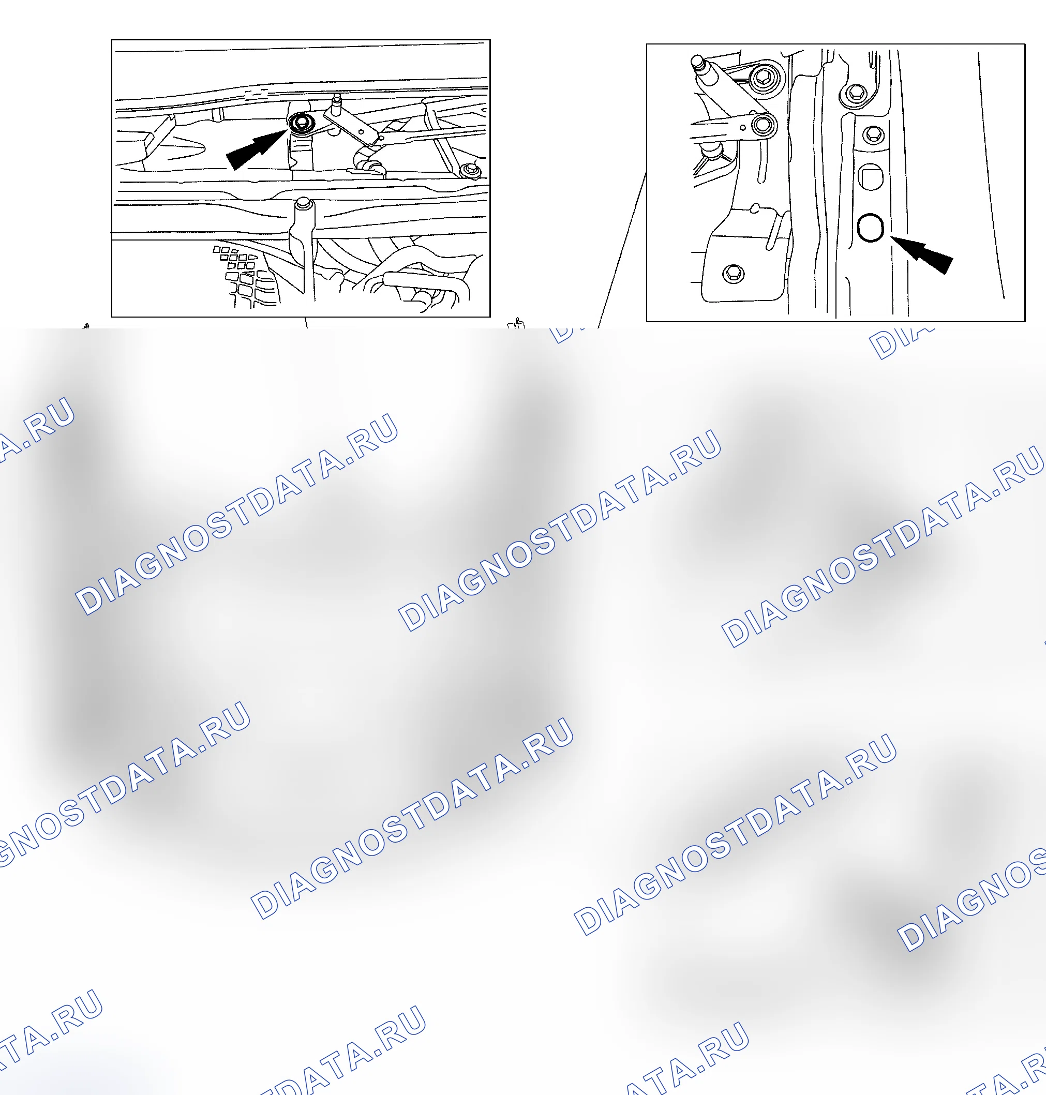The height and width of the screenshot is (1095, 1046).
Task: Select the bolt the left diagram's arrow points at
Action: [302, 123]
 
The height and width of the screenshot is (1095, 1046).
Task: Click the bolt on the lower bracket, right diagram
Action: [733, 273]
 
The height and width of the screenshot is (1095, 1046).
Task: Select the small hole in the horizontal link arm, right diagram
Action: [743, 128]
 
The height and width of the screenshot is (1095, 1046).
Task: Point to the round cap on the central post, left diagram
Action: [303, 203]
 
